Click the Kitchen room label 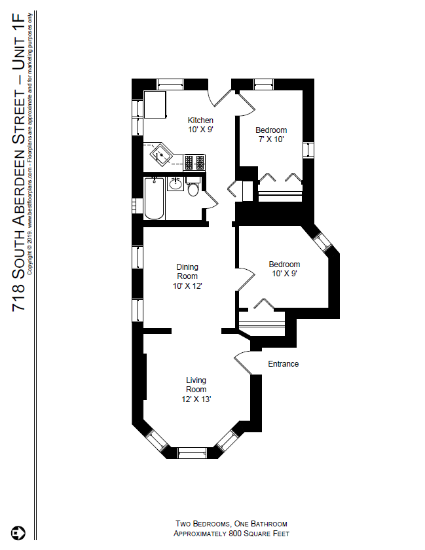pos(200,120)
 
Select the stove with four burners pos(194,162)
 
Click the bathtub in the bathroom pos(155,198)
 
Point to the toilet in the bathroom pos(193,189)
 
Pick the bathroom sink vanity pos(175,183)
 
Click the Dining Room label pos(187,271)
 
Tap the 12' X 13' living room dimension pos(196,399)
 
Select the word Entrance pos(283,364)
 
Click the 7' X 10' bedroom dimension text pos(270,139)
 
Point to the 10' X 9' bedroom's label pos(284,265)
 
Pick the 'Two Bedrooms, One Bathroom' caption pos(231,524)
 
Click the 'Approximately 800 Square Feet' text pos(231,534)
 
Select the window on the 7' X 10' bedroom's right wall pos(307,149)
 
